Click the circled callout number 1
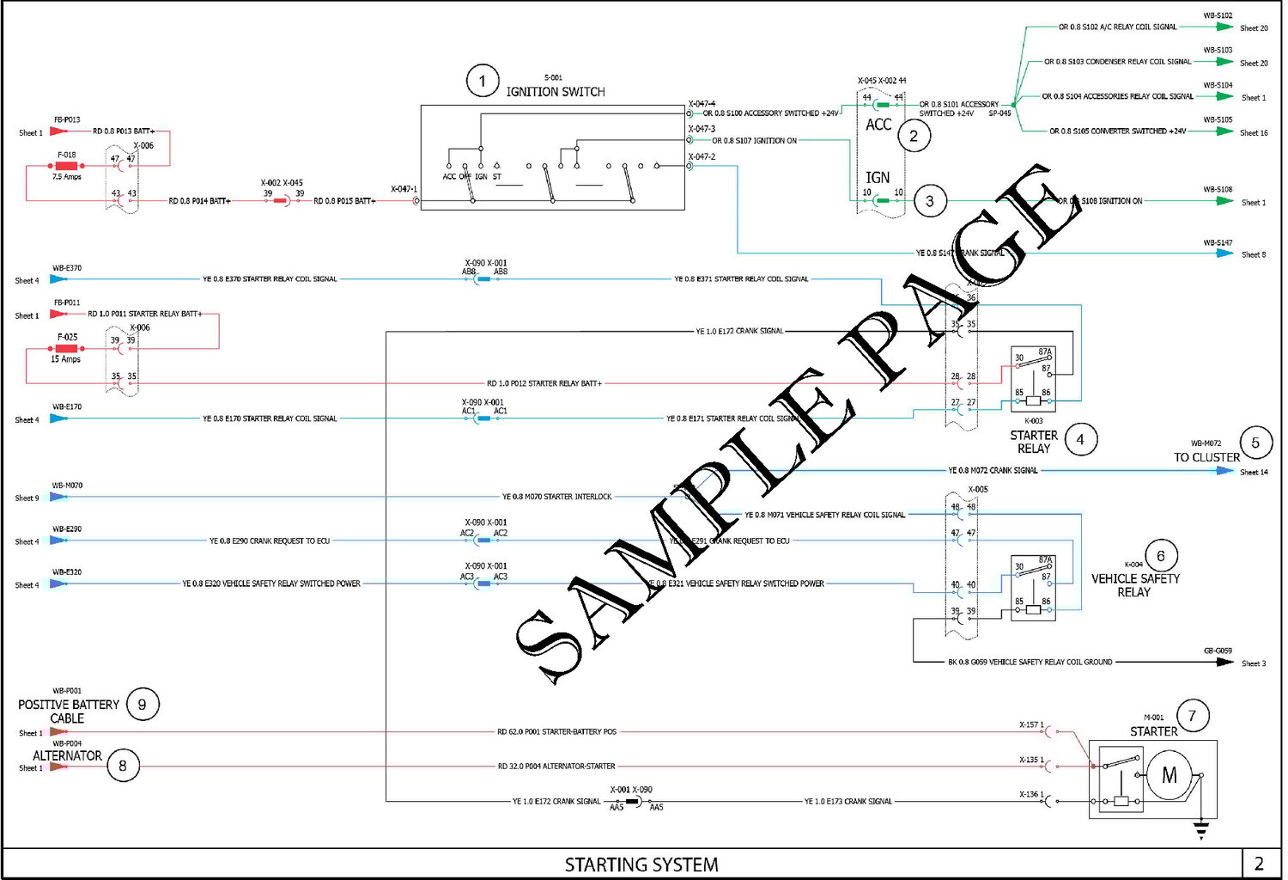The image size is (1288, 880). click(483, 81)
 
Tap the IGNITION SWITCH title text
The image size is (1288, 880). click(555, 91)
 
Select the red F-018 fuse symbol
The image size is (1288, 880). click(66, 166)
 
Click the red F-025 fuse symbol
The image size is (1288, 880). click(66, 348)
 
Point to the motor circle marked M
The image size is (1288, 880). click(1169, 775)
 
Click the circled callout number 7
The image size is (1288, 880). click(1192, 715)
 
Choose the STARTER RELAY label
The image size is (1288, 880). click(1034, 442)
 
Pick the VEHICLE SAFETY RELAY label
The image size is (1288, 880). click(1134, 585)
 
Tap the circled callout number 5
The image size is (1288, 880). click(1255, 443)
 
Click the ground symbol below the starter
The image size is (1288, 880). click(1201, 829)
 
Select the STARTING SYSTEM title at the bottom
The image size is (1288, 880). click(641, 865)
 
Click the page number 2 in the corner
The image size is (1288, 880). click(1259, 864)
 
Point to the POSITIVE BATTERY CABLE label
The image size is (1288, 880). click(68, 711)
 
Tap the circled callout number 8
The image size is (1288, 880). click(123, 765)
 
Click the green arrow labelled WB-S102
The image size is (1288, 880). click(1224, 27)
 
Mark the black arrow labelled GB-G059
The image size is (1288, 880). click(1224, 662)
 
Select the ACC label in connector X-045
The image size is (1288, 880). click(878, 125)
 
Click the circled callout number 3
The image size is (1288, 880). click(930, 201)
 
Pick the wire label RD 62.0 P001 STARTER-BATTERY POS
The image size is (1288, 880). click(556, 732)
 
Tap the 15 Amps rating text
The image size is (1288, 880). click(65, 359)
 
